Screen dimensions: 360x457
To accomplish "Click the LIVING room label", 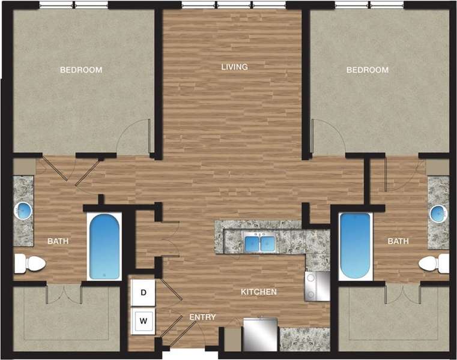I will click(234, 67).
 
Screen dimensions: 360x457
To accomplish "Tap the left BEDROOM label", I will click(81, 70).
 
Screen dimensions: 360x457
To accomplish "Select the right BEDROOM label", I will click(368, 70).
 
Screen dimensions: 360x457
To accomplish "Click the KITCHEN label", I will click(259, 292).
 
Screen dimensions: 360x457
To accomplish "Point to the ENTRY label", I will click(202, 317).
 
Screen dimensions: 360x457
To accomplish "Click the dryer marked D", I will click(144, 293).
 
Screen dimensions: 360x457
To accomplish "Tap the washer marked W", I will click(144, 320).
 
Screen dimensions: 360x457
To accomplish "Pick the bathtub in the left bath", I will click(104, 247).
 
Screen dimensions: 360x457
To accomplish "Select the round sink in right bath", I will click(438, 212).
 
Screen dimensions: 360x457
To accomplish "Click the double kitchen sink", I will click(260, 243).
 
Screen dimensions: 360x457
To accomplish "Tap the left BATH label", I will click(59, 241).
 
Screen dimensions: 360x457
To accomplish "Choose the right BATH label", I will click(398, 241).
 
